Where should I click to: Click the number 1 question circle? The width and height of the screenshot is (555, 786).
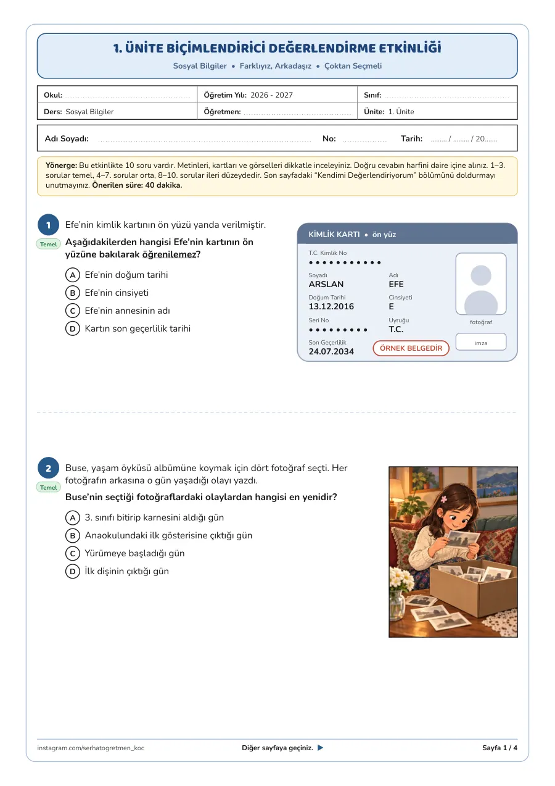pyautogui.click(x=48, y=225)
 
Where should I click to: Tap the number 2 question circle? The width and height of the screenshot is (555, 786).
pyautogui.click(x=48, y=468)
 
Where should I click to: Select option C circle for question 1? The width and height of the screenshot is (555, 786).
pyautogui.click(x=73, y=311)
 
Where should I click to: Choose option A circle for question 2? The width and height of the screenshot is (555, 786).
pyautogui.click(x=73, y=517)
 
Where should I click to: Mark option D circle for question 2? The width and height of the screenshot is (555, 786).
pyautogui.click(x=73, y=571)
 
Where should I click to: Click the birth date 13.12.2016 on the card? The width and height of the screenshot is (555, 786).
pyautogui.click(x=331, y=306)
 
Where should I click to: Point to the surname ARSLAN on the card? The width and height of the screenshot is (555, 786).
pyautogui.click(x=326, y=284)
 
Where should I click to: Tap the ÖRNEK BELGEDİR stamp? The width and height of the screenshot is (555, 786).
pyautogui.click(x=411, y=348)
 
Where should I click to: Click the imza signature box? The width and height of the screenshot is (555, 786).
pyautogui.click(x=481, y=342)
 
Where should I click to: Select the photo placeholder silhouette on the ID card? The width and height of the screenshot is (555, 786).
pyautogui.click(x=481, y=288)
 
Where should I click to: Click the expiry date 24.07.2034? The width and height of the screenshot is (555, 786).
pyautogui.click(x=331, y=351)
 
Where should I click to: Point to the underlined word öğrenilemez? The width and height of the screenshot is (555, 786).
pyautogui.click(x=169, y=254)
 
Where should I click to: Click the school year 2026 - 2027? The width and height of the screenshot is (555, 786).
pyautogui.click(x=271, y=94)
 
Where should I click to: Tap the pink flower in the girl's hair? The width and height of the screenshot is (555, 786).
pyautogui.click(x=444, y=499)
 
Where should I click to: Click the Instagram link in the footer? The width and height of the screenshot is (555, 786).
pyautogui.click(x=91, y=748)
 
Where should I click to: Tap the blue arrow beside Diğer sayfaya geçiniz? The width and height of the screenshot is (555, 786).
pyautogui.click(x=320, y=747)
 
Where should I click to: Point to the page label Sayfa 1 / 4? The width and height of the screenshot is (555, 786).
pyautogui.click(x=499, y=748)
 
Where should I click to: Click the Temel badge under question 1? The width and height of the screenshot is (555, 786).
pyautogui.click(x=48, y=245)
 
